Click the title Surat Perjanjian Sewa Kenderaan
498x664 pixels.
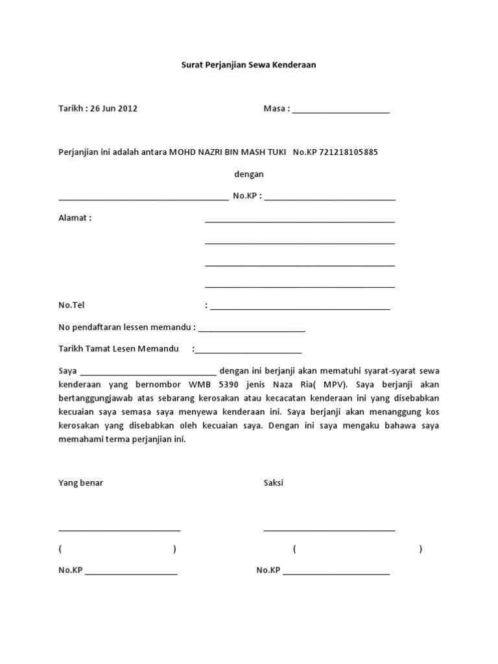(248, 65)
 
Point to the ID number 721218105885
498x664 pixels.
(349, 152)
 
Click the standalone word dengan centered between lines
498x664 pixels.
(248, 174)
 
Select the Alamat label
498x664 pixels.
(75, 218)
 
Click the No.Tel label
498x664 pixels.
(72, 305)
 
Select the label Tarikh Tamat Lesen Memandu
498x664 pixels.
(119, 349)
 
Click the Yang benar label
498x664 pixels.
(81, 483)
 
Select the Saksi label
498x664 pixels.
(274, 483)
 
